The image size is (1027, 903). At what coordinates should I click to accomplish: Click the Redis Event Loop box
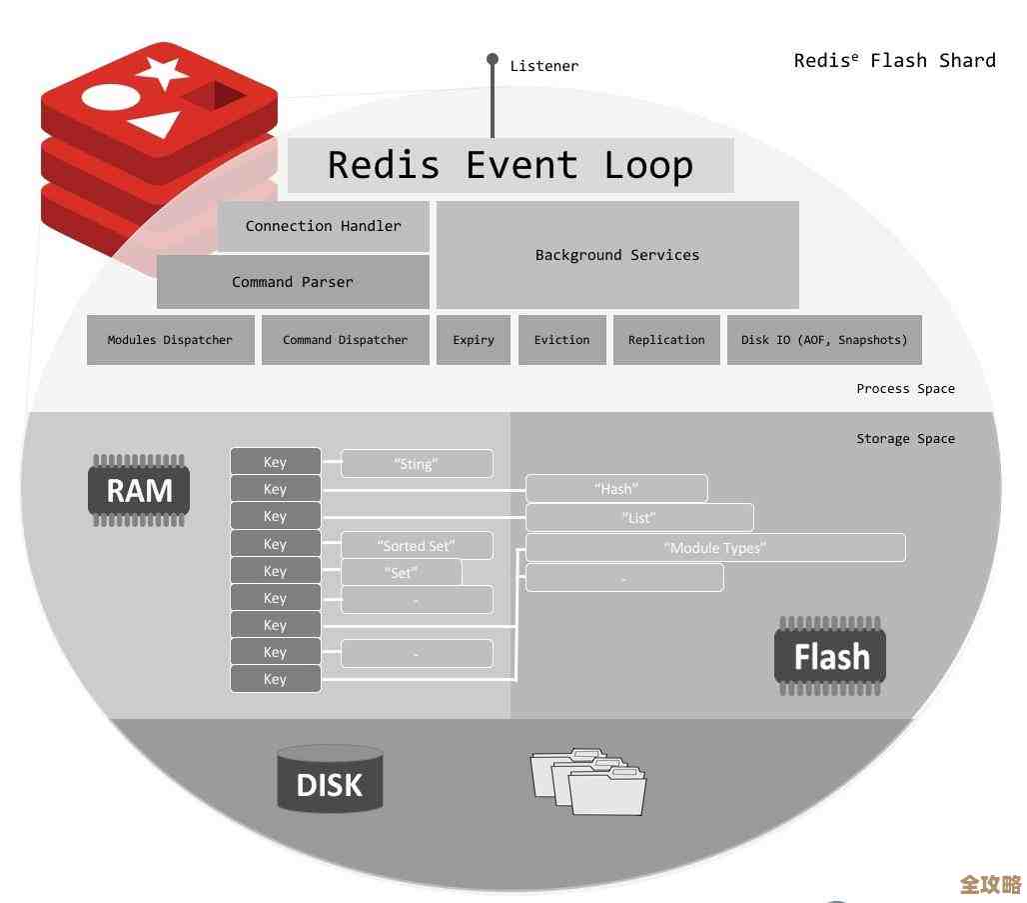coord(511,165)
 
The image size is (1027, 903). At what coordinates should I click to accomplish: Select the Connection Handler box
coord(324,226)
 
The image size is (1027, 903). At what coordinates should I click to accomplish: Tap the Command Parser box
coord(293,282)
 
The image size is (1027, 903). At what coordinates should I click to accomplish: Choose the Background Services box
coord(617,255)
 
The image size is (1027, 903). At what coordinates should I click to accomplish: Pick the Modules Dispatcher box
coord(170,340)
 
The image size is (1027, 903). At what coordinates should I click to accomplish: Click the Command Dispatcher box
coord(345,340)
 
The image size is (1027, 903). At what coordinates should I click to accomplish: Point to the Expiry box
coord(474,340)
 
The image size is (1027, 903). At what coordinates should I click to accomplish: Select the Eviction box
coord(561,340)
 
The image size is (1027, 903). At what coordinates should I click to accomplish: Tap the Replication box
coord(666,340)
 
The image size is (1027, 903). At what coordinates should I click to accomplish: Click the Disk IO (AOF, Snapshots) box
coord(824,340)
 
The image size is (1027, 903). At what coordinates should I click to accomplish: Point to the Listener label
coord(543,66)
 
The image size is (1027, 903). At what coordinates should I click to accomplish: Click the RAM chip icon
coord(139,490)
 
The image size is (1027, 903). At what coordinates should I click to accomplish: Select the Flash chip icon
coord(830,656)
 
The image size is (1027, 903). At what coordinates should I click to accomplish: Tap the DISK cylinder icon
coord(330,780)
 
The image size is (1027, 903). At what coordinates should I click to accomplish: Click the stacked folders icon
coord(587,780)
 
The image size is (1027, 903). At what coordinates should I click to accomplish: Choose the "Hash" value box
coord(616,489)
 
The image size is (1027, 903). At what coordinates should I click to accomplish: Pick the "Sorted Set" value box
coord(417,545)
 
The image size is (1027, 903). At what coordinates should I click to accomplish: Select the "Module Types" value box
coord(715,548)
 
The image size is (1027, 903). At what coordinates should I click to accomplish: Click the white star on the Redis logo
coord(162,72)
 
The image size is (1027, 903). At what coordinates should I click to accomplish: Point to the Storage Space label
coord(905,439)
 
